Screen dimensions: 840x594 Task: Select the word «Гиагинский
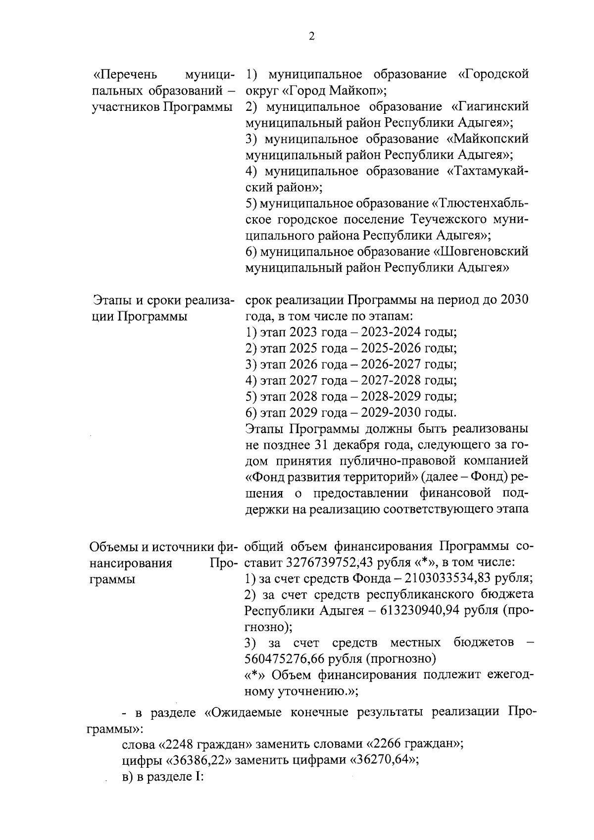click(x=490, y=107)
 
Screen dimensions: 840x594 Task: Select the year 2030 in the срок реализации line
click(x=514, y=300)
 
